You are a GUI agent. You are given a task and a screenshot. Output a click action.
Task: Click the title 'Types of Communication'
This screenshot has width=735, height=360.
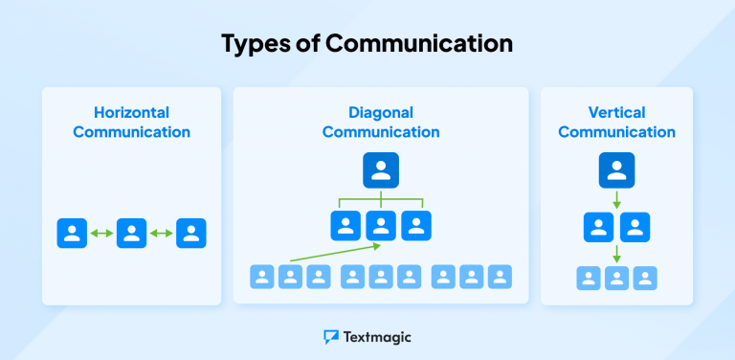click(367, 43)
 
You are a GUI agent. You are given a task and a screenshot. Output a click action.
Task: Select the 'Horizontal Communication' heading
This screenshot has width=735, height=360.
click(131, 122)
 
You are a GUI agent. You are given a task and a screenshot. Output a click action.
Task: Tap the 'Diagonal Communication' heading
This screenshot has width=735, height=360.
click(381, 122)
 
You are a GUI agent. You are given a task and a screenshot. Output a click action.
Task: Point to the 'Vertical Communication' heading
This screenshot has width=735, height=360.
click(616, 122)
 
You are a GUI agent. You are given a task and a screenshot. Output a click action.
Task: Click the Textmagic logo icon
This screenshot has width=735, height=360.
click(331, 337)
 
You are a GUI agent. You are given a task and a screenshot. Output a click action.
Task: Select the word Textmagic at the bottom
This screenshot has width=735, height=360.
click(378, 337)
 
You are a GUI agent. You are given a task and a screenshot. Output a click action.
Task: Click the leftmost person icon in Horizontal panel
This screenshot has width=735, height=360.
click(72, 234)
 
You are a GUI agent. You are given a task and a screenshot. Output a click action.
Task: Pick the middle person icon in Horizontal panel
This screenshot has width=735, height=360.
click(131, 234)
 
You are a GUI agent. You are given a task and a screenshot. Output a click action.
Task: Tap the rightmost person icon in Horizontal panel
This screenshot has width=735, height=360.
click(191, 234)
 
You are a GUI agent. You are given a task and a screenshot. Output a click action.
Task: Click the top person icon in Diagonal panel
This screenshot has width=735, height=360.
click(381, 170)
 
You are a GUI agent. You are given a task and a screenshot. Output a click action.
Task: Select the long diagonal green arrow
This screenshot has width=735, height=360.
click(335, 253)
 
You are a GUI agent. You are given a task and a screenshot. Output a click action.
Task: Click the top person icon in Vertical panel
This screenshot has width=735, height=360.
click(616, 170)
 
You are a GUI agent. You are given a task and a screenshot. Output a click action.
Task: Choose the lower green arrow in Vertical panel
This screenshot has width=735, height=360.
click(616, 254)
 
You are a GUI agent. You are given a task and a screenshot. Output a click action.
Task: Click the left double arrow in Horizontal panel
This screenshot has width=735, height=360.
click(101, 234)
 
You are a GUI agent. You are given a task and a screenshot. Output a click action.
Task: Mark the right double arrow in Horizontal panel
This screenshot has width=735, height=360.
click(162, 234)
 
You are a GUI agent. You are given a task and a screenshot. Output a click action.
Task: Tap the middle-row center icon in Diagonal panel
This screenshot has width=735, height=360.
click(381, 226)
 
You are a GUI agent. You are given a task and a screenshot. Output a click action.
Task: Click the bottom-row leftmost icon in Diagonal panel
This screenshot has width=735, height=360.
click(262, 278)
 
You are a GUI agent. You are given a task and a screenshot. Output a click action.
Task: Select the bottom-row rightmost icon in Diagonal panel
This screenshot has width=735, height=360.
click(500, 278)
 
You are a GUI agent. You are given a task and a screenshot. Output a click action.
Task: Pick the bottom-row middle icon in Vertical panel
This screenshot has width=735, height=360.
click(616, 279)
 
